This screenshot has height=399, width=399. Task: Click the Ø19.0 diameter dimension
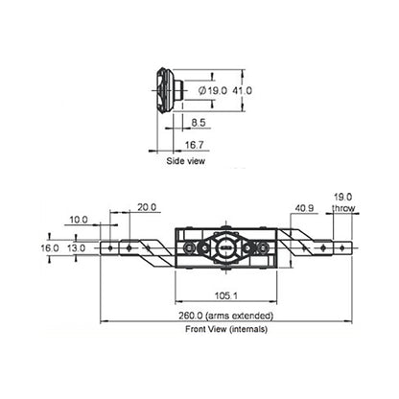click(x=211, y=90)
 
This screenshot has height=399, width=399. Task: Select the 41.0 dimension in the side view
click(x=242, y=90)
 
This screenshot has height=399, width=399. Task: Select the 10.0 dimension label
click(x=80, y=219)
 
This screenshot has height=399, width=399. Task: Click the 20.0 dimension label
click(x=147, y=207)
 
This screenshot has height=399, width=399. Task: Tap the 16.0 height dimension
click(x=50, y=247)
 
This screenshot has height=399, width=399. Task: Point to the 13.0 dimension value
click(x=76, y=247)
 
